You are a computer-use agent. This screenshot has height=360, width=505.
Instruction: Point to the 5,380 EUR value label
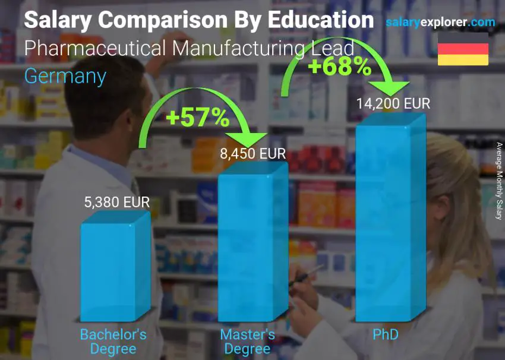coord(117,202)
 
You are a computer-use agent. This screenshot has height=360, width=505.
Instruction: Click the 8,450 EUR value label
coord(252,154)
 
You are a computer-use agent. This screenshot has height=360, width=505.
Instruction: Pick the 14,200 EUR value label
coord(393,103)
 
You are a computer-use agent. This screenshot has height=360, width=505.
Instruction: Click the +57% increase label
coord(198,118)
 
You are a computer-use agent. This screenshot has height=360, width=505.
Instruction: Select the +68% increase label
coord(339,67)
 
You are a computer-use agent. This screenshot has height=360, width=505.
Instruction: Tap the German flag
coord(463,49)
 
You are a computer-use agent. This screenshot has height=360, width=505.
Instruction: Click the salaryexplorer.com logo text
coord(440,23)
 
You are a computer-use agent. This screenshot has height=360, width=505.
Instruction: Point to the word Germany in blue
coord(65,76)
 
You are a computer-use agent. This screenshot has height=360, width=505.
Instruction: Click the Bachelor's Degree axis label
coord(113,342)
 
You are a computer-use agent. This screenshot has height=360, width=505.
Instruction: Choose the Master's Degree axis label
coord(248,342)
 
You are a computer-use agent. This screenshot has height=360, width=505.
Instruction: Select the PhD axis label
coord(386,335)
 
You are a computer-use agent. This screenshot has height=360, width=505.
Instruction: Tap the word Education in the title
coord(321,20)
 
